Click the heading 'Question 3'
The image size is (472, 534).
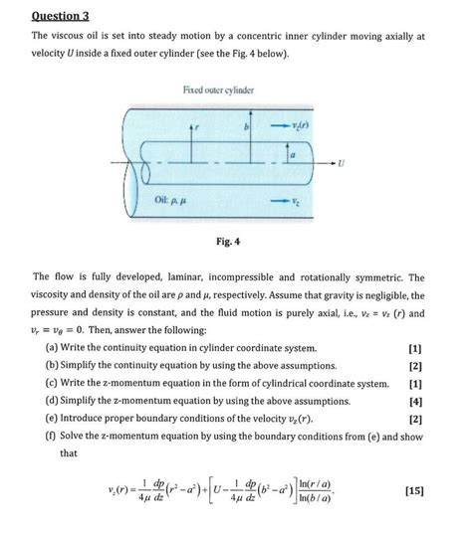pyautogui.click(x=60, y=16)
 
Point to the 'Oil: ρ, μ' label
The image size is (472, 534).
pyautogui.click(x=160, y=200)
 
